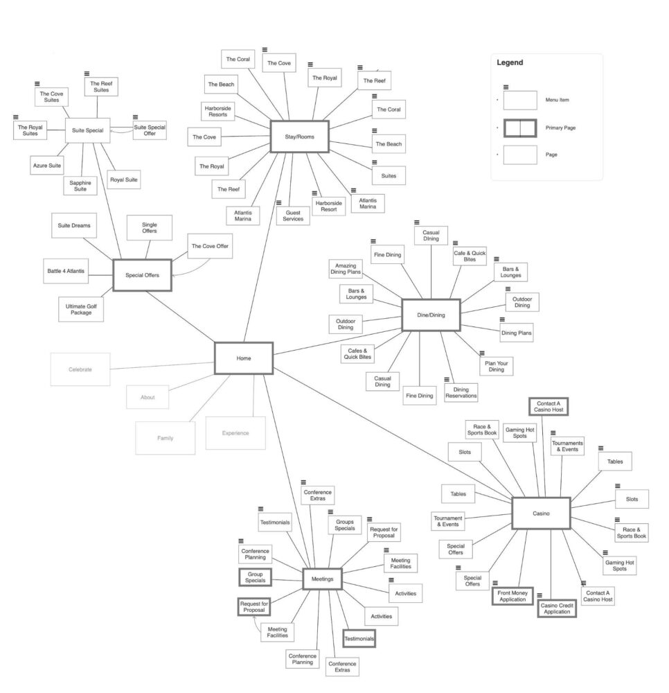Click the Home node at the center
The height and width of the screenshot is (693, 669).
[x=244, y=358]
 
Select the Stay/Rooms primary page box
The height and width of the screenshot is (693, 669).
[x=299, y=137]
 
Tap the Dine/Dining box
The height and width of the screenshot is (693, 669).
[x=431, y=315]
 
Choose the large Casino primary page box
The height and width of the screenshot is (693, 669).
[x=541, y=514]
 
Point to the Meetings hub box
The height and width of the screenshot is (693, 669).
[x=322, y=579]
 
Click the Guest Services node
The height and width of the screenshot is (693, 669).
[x=293, y=215]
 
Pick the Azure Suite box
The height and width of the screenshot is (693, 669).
[x=46, y=166]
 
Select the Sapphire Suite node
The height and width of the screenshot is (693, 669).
[x=80, y=185]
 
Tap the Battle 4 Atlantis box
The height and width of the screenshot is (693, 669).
[x=66, y=270]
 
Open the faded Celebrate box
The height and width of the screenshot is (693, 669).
[x=80, y=369]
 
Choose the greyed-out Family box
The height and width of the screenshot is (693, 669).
[x=165, y=438]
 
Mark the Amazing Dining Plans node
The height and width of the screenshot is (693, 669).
[x=346, y=270]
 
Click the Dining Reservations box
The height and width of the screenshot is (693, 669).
[x=461, y=392]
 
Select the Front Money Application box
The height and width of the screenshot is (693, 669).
[x=512, y=596]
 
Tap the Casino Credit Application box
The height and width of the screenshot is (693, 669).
[x=557, y=608]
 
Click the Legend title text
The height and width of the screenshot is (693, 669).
[x=510, y=62]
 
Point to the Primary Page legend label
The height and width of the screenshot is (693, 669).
[x=560, y=128]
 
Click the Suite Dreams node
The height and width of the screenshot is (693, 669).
[x=75, y=225]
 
